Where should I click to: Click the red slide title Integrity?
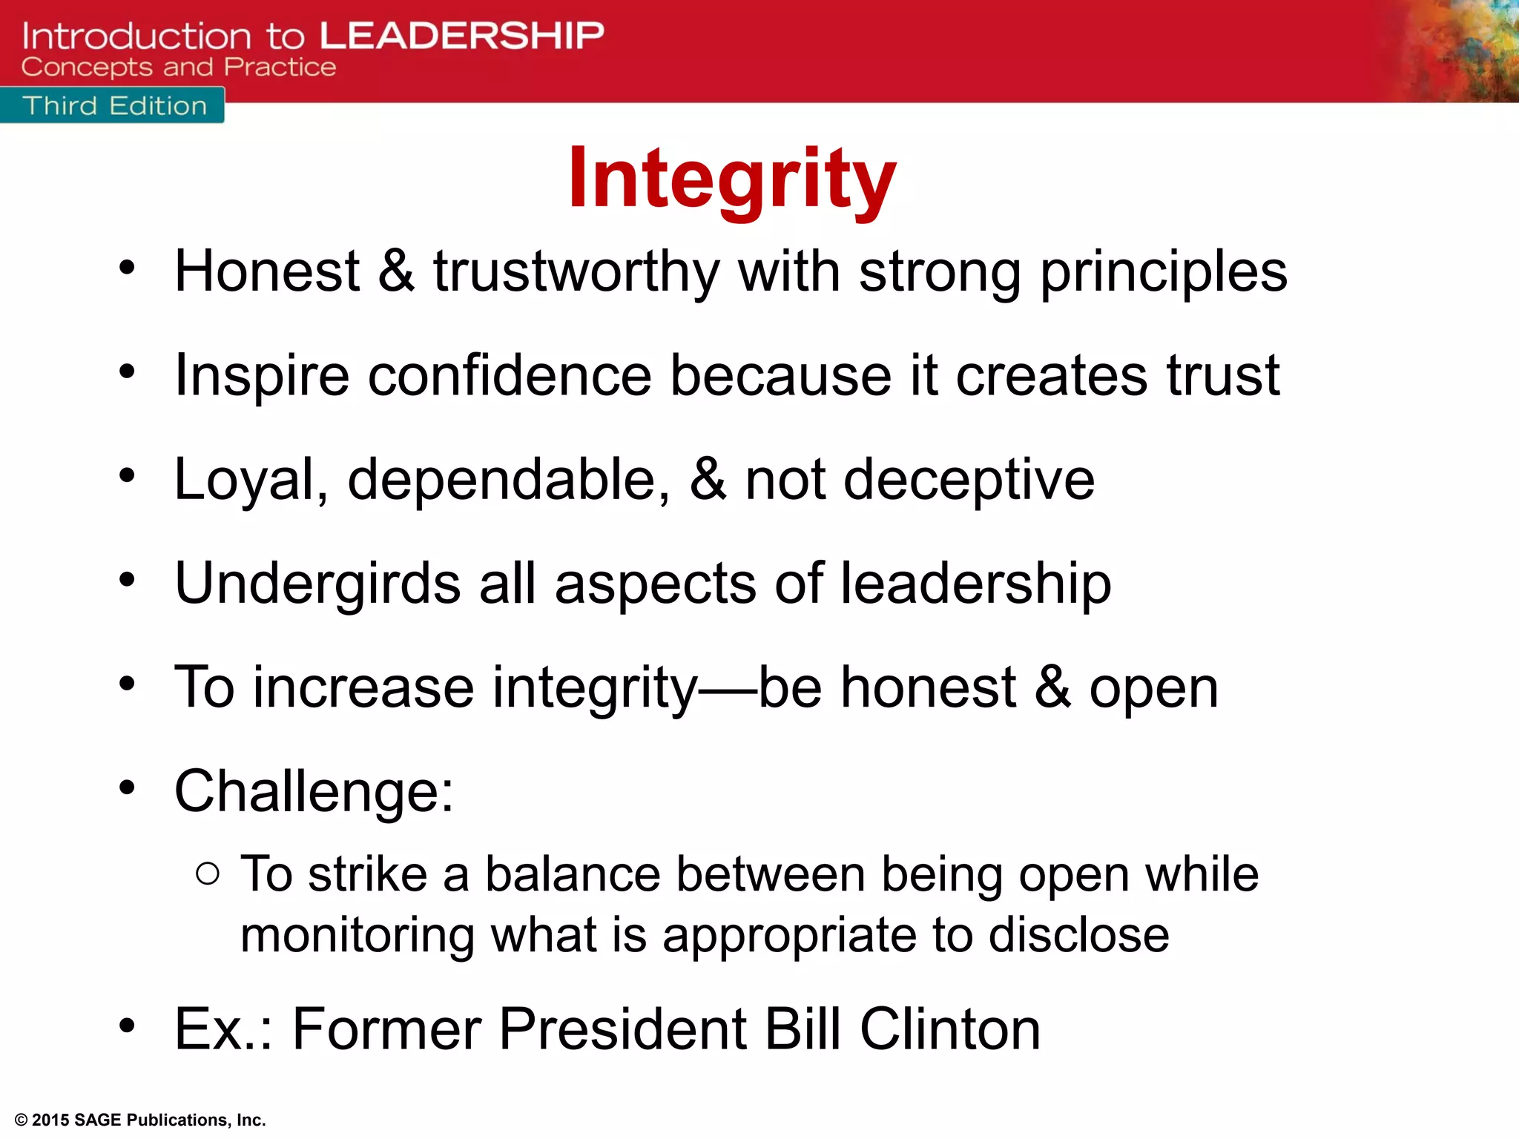pos(732,179)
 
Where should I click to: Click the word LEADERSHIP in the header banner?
pos(462,36)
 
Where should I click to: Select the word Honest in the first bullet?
pos(267,271)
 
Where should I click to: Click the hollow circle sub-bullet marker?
pos(208,874)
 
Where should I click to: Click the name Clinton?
pos(950,1029)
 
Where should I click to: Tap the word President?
pos(622,1029)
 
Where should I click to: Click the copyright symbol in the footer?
pos(21,1120)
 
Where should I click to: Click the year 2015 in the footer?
pos(50,1120)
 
